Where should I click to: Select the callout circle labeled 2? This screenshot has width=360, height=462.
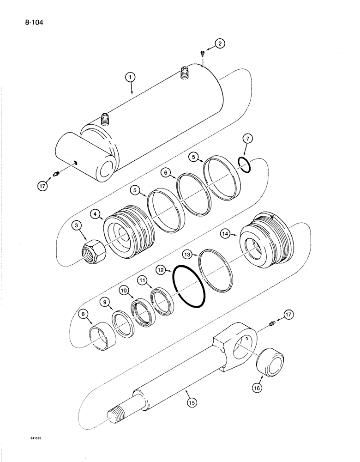[220, 44]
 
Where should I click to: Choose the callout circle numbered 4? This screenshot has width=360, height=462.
[96, 214]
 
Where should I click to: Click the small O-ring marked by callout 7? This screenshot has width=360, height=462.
[245, 164]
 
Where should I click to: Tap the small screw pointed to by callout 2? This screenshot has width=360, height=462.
[203, 54]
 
